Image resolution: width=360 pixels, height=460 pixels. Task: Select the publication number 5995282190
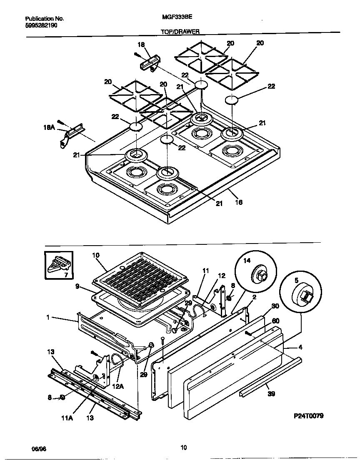tap(41, 25)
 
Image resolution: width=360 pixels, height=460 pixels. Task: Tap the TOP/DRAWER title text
tap(180, 31)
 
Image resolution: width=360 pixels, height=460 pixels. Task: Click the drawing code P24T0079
tap(308, 416)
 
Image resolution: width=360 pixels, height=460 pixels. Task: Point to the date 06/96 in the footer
tap(38, 448)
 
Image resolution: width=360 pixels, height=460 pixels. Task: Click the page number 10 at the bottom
tap(183, 448)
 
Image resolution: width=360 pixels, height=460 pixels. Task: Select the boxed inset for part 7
tap(59, 265)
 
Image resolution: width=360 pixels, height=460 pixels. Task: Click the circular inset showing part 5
tap(300, 295)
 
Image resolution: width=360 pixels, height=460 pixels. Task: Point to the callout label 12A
tap(118, 386)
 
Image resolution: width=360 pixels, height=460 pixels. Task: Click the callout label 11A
tap(67, 418)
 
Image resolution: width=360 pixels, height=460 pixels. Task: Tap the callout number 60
tap(275, 321)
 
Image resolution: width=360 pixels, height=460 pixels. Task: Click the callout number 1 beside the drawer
tap(48, 317)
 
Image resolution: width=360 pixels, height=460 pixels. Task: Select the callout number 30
tap(275, 306)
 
